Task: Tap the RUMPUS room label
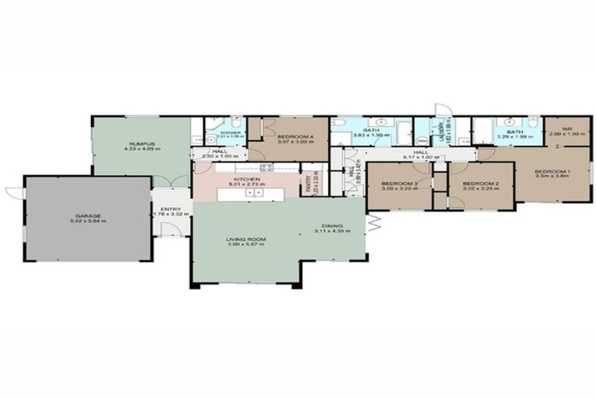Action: coord(142,144)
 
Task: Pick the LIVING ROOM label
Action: coord(246,240)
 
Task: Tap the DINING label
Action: coord(333,226)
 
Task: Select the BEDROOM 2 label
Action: coord(479,183)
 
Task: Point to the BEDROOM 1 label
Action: coord(553,172)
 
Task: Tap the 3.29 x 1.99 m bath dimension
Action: coord(515,136)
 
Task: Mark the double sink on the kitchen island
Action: coord(254,192)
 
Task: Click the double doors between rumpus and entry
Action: coord(172,181)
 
